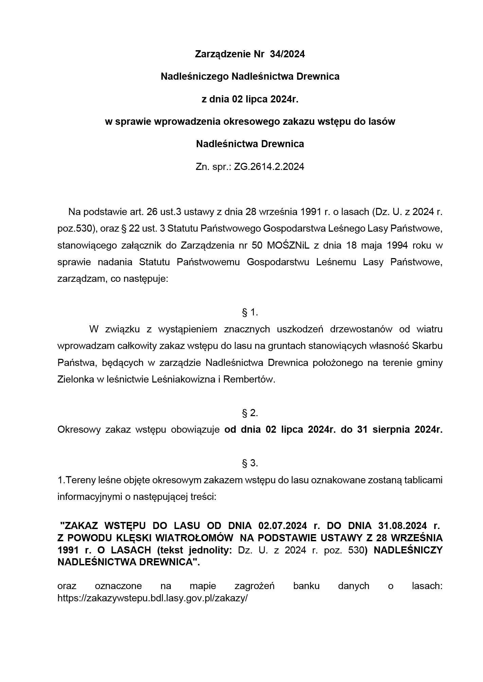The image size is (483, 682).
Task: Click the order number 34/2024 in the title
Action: click(287, 54)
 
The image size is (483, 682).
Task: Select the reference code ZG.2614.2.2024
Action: click(269, 167)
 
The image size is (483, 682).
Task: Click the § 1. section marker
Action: click(250, 312)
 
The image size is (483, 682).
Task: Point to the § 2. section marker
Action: click(250, 413)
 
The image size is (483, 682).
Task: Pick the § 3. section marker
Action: click(250, 463)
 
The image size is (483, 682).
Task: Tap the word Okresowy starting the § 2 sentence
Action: click(79, 430)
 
